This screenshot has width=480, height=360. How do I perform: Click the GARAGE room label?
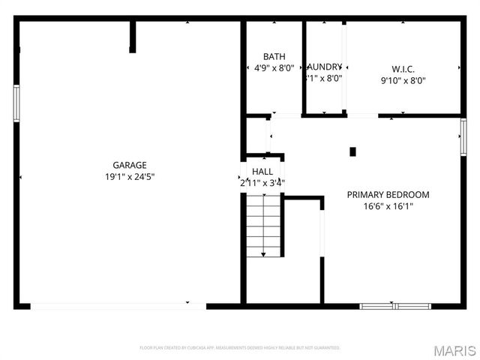(x=129, y=165)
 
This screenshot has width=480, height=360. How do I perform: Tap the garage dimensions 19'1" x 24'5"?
(x=129, y=177)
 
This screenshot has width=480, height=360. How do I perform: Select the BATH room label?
(x=274, y=57)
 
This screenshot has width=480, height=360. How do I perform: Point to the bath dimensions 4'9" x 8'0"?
(x=274, y=68)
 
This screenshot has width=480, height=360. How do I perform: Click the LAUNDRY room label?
(x=324, y=67)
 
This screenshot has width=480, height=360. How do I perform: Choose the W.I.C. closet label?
(x=403, y=69)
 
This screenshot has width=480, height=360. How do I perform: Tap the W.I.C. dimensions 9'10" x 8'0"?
(x=403, y=81)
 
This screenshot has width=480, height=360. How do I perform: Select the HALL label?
(x=262, y=172)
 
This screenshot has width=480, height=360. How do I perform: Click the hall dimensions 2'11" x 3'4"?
(x=262, y=182)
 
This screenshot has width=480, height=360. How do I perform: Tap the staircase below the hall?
(x=263, y=225)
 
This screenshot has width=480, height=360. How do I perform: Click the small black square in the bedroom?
(x=352, y=151)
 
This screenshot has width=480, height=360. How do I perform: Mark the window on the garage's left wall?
(x=16, y=103)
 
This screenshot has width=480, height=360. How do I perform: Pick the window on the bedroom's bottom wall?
(x=394, y=306)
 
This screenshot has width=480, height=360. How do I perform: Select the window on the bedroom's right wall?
(x=463, y=136)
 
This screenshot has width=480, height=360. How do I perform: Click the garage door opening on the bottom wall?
(x=118, y=305)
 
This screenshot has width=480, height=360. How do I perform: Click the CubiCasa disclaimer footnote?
(x=240, y=348)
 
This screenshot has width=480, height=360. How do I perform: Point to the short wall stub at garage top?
(x=133, y=36)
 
